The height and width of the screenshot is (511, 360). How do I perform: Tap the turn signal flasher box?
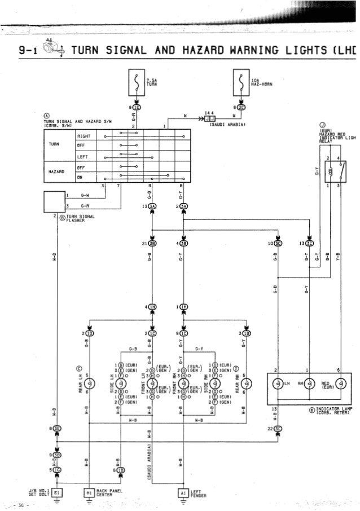55,202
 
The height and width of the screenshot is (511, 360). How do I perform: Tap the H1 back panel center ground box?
89,492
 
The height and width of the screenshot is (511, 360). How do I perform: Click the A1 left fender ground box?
182,492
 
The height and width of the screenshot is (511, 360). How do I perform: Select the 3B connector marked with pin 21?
152,244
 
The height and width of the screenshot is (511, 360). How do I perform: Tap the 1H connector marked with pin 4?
152,306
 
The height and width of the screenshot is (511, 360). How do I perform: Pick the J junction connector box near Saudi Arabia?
209,119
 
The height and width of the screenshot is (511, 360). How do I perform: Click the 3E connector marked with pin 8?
58,429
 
